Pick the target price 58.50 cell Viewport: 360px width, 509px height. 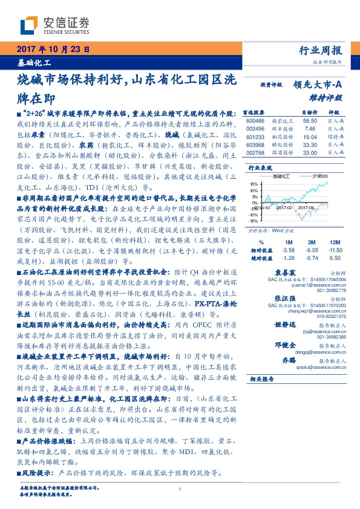tap(310, 121)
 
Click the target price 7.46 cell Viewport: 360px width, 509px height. tap(310, 129)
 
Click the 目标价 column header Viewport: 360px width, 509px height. tap(310, 112)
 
